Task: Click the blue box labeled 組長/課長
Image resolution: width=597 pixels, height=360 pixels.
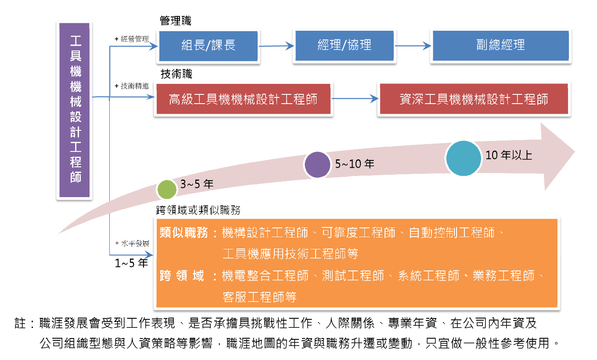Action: click(x=208, y=46)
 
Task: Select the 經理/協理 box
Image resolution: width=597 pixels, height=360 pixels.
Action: click(x=344, y=46)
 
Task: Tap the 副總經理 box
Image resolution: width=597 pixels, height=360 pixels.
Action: click(x=500, y=46)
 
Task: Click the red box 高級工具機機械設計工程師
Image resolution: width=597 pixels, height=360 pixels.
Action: click(x=243, y=99)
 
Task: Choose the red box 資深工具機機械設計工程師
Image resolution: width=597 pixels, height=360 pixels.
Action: click(x=474, y=99)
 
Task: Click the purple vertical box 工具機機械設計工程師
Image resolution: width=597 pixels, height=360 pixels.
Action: click(x=74, y=110)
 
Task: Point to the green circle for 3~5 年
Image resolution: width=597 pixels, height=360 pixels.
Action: click(x=167, y=190)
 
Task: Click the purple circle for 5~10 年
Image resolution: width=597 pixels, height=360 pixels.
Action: click(x=317, y=165)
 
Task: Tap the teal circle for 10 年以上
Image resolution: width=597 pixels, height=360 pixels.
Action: click(x=464, y=158)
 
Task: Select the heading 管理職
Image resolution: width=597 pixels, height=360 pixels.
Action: click(x=176, y=21)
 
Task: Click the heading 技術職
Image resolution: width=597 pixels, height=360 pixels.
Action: click(x=176, y=74)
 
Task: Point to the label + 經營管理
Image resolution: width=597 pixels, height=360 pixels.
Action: click(x=132, y=39)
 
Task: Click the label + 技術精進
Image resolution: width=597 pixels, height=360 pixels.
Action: click(x=132, y=86)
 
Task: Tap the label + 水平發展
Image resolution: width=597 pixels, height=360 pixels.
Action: click(x=132, y=243)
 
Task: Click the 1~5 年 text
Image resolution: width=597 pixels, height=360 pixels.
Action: click(x=131, y=263)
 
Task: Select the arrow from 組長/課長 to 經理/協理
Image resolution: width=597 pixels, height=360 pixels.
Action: click(x=276, y=46)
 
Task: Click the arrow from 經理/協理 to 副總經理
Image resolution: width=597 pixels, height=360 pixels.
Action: click(x=413, y=46)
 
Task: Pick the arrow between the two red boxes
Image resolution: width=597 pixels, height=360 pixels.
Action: click(x=355, y=99)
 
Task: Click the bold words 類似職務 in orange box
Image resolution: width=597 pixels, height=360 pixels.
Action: click(x=183, y=233)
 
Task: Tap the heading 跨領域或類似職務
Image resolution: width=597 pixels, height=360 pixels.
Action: click(x=198, y=210)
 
